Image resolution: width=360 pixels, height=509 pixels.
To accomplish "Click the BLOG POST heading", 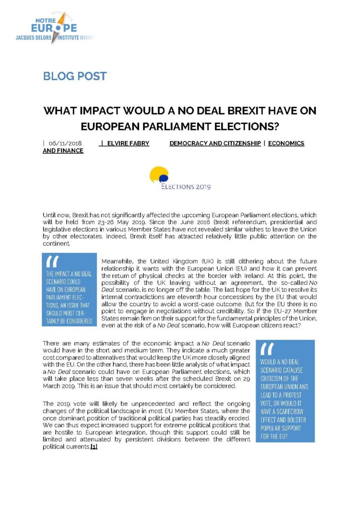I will point(75,76).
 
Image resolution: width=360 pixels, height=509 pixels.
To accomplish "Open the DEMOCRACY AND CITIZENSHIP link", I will point(215,143).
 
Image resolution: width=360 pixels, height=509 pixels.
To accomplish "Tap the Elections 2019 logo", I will point(180,179).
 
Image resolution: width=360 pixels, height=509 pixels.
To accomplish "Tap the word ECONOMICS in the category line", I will point(286,143).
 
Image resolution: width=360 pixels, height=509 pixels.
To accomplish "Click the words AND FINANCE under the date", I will point(63,151).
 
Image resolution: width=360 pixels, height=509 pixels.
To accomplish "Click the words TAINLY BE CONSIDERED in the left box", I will point(69,321).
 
